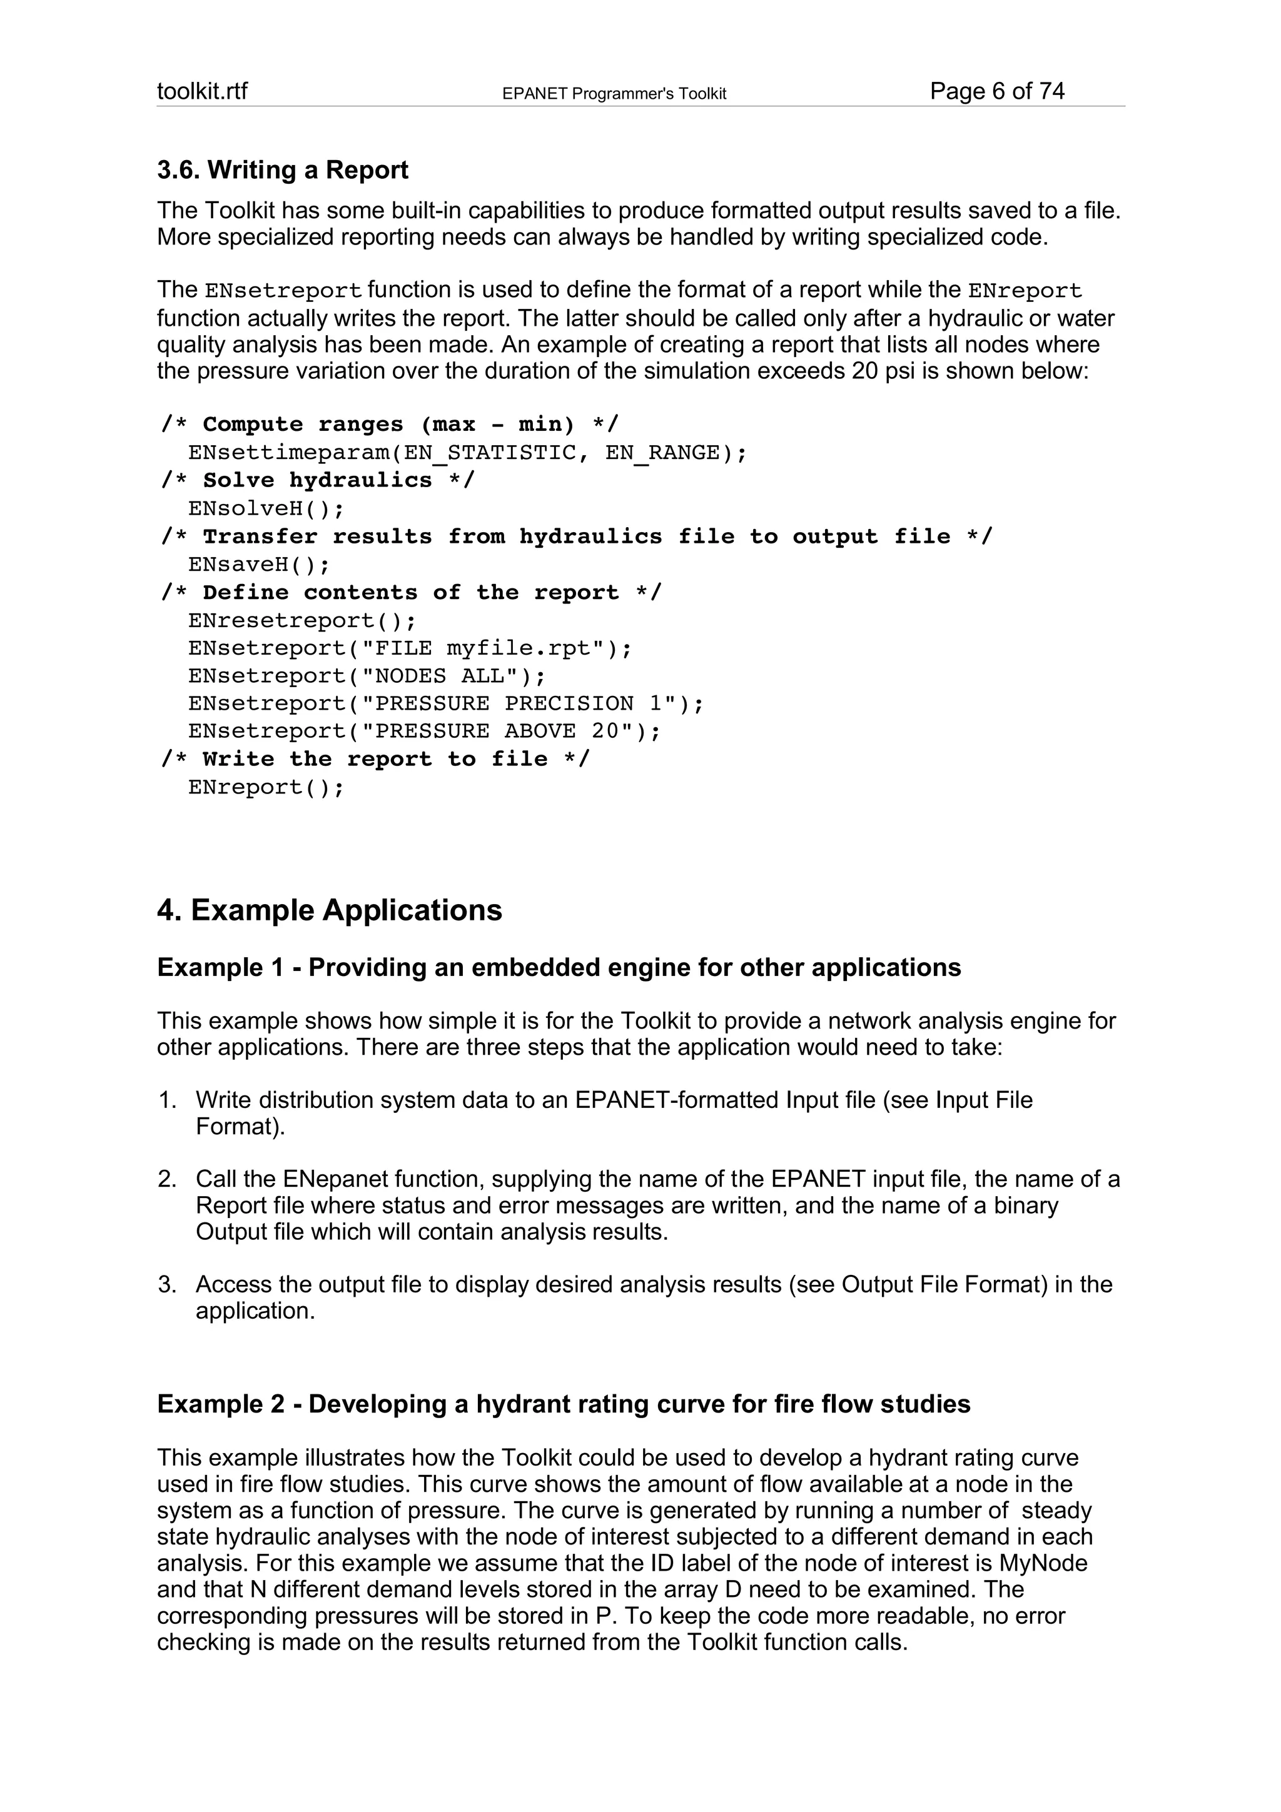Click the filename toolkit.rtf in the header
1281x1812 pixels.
[202, 91]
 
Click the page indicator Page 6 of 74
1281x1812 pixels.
[997, 91]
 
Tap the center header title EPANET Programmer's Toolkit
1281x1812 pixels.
[614, 94]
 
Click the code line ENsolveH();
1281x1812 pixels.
[266, 509]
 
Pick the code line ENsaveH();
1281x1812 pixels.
[259, 565]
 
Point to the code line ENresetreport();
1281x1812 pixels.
[301, 621]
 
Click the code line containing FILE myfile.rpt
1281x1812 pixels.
[410, 649]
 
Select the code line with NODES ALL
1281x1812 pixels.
[367, 677]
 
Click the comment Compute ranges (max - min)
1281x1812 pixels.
[390, 425]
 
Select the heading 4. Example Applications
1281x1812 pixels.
[329, 910]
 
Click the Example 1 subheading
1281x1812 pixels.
[559, 967]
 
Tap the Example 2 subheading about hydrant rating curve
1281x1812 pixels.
[564, 1404]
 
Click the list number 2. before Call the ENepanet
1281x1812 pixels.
[166, 1179]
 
